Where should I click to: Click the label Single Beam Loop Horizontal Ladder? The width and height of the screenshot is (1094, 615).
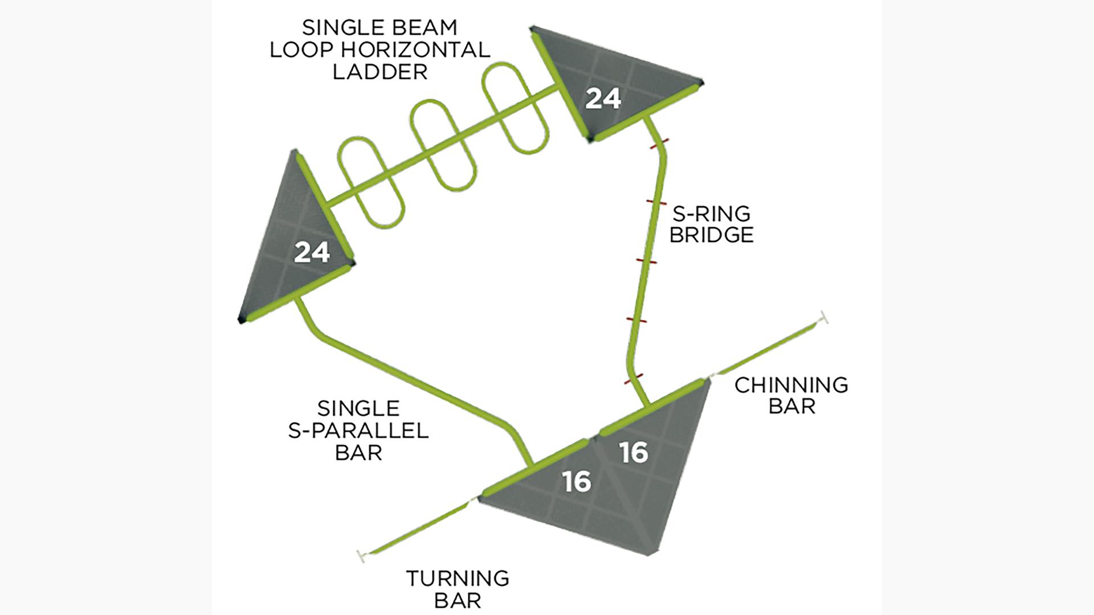[379, 50]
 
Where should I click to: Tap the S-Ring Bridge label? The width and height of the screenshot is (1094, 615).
[711, 224]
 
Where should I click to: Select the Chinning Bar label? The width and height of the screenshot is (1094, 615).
[791, 395]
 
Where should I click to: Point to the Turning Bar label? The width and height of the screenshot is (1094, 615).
[458, 589]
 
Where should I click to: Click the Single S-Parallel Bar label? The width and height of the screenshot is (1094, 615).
[358, 430]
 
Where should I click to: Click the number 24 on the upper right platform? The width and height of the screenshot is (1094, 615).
[603, 99]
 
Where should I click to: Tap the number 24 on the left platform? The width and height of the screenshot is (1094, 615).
[312, 252]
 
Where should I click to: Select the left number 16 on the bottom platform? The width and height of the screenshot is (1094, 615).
[577, 482]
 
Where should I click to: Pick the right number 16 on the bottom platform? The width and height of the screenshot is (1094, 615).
[634, 453]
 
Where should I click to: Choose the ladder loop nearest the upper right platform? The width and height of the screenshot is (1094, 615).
[515, 108]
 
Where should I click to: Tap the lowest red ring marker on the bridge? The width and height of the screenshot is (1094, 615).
[634, 379]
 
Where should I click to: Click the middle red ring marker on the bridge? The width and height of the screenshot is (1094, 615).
[647, 261]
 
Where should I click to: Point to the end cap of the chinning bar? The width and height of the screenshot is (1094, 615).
[823, 318]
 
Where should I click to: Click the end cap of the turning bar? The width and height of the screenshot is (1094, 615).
[361, 556]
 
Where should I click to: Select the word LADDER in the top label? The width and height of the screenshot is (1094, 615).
[379, 72]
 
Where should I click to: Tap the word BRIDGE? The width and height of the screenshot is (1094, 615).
[711, 235]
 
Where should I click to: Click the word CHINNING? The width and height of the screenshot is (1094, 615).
[791, 385]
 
